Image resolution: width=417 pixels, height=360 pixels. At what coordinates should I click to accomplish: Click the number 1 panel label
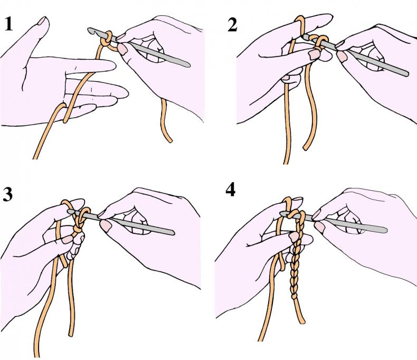[x=8, y=24]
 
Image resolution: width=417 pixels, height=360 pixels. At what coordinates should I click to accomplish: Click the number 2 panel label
[x=232, y=25]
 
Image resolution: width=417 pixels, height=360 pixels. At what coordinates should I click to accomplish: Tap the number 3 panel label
[x=8, y=194]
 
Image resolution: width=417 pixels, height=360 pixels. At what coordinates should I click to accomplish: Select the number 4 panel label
[x=230, y=190]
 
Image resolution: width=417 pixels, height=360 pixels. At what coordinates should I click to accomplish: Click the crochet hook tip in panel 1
[x=90, y=30]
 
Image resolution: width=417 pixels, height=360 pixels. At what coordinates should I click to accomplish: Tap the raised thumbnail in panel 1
[x=43, y=21]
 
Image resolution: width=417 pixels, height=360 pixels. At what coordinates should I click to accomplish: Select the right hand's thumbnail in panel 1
[x=122, y=49]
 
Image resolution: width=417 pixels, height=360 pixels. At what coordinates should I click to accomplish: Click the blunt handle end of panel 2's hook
[x=406, y=74]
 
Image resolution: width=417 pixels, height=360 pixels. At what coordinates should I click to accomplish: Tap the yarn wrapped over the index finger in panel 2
[x=300, y=24]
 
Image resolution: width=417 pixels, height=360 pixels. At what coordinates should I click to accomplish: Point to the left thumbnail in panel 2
[x=314, y=54]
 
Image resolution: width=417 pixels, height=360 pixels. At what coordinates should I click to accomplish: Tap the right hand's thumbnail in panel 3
[x=106, y=226]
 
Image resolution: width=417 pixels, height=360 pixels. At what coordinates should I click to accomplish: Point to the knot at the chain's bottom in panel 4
[x=295, y=296]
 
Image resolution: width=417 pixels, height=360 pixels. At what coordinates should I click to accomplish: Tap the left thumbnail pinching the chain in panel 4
[x=294, y=236]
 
